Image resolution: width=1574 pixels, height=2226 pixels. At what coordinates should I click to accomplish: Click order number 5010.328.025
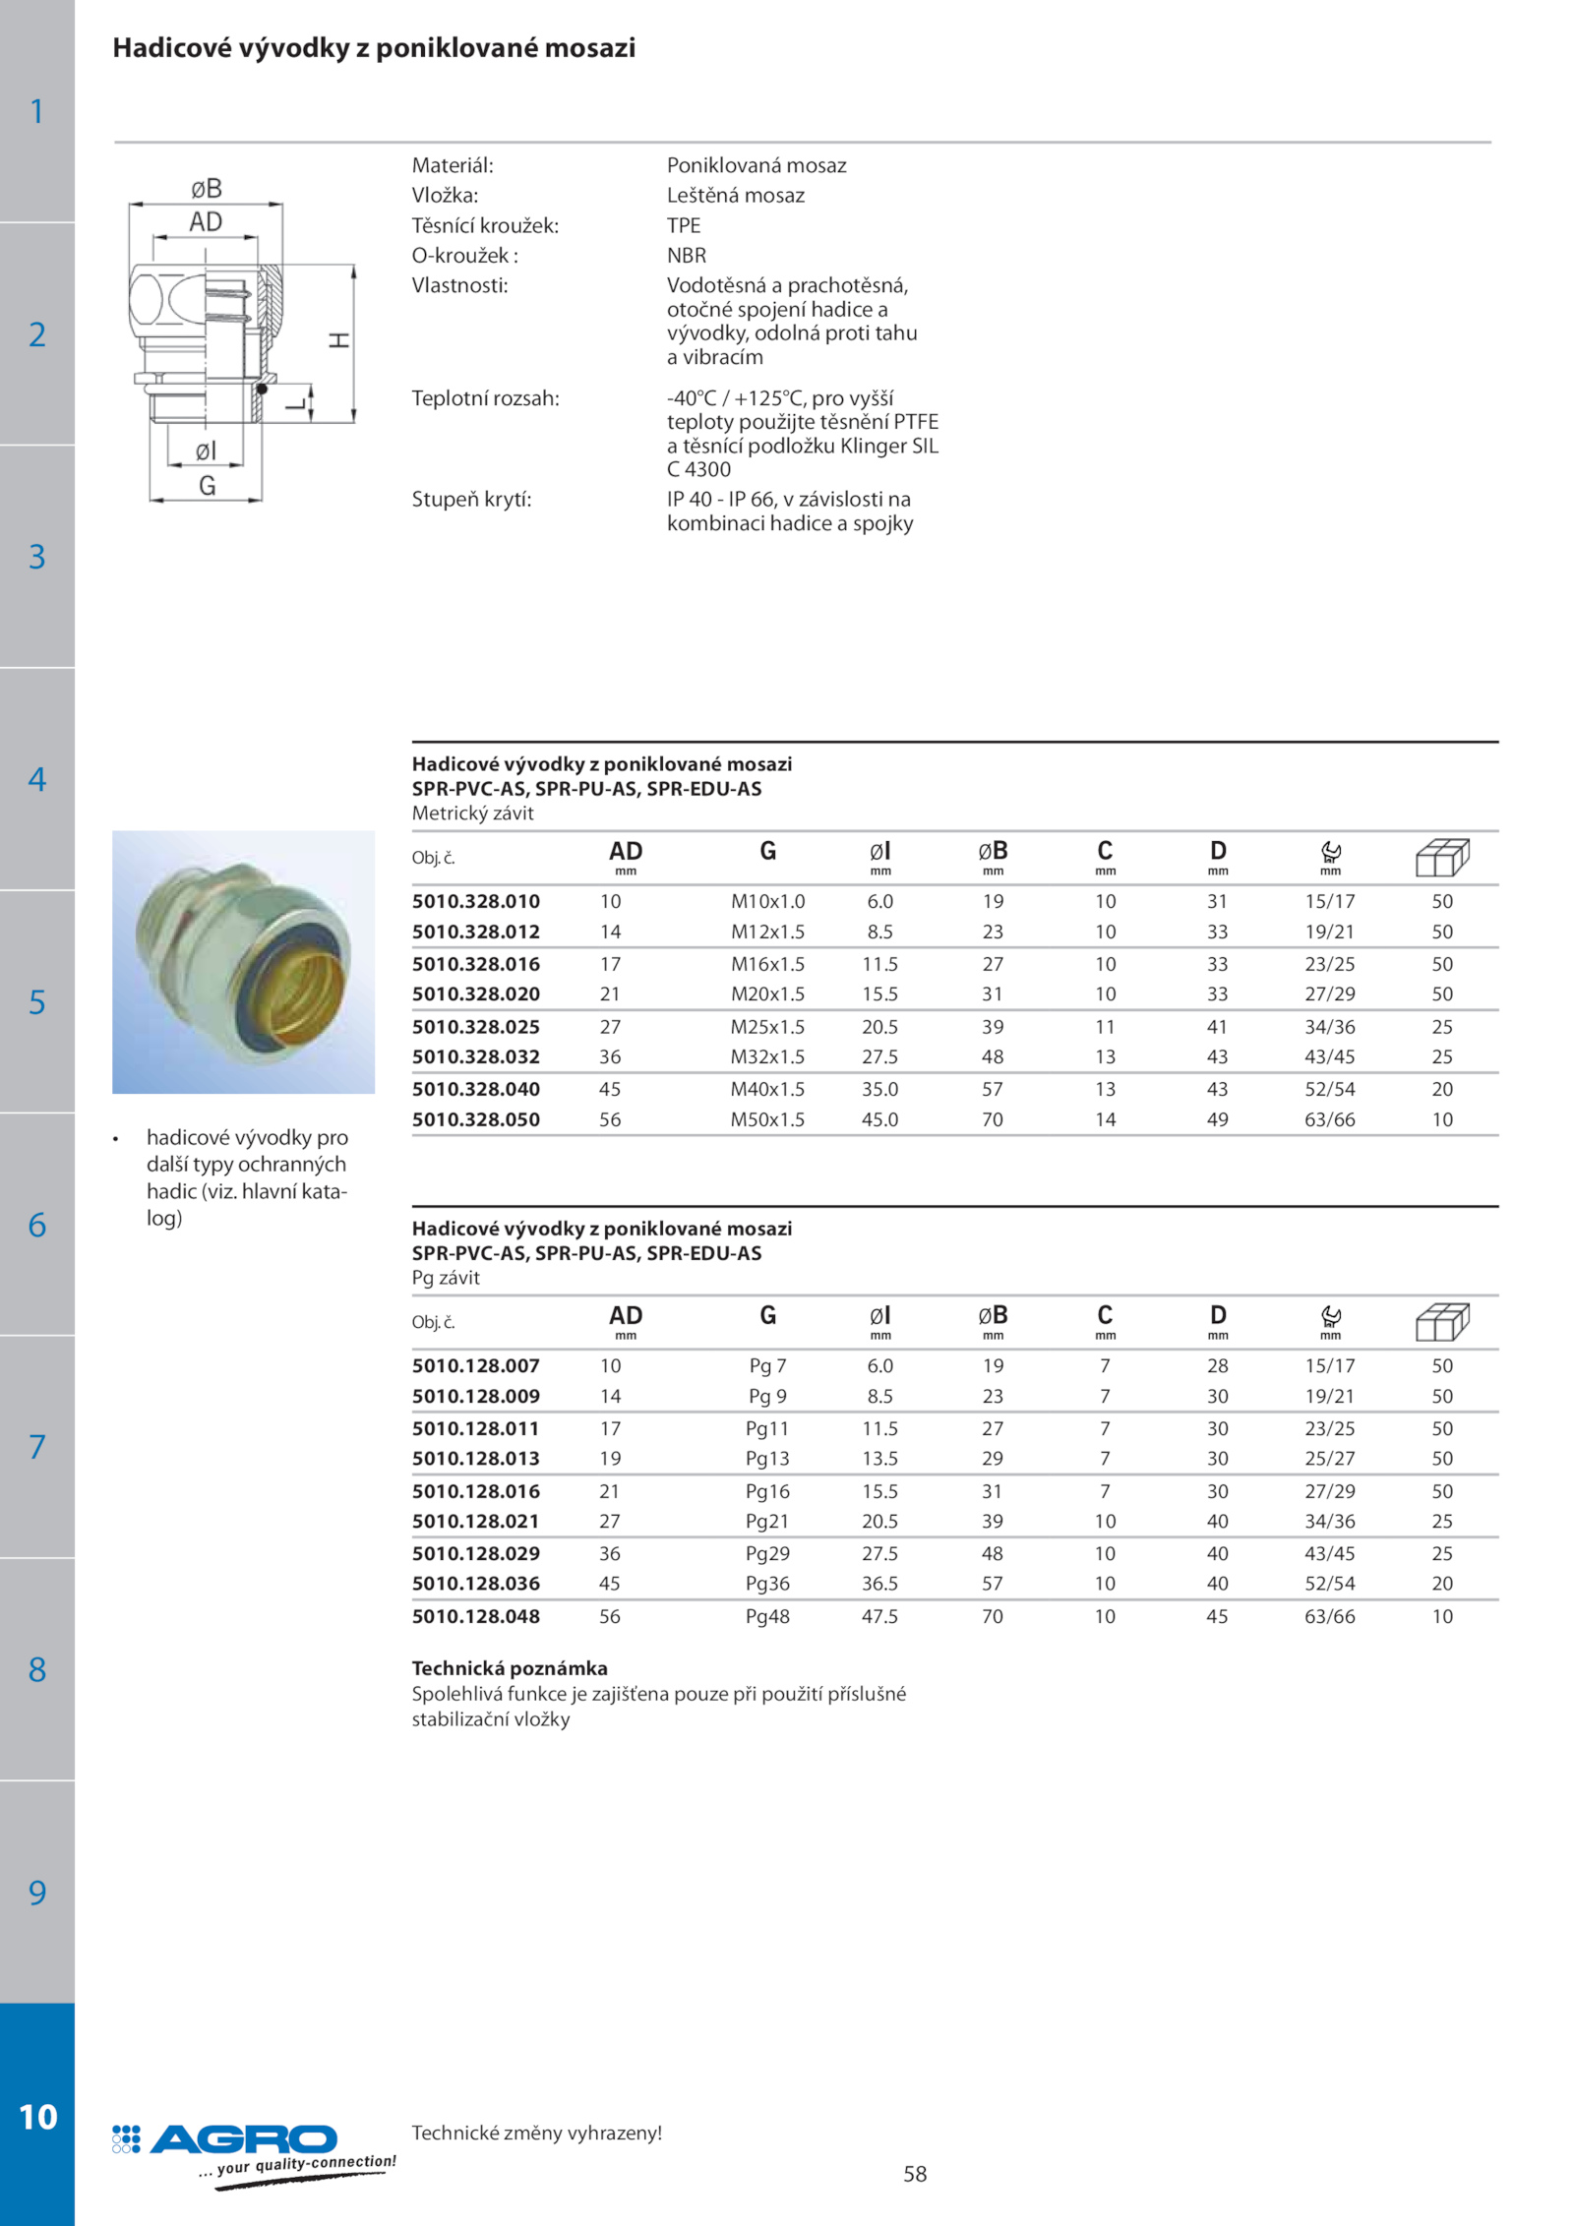click(x=475, y=1027)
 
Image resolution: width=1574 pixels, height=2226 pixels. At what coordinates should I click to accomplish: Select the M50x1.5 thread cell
click(x=767, y=1119)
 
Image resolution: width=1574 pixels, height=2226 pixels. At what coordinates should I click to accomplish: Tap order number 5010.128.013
click(x=475, y=1459)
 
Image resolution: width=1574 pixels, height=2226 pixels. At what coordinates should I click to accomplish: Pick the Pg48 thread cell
click(x=767, y=1616)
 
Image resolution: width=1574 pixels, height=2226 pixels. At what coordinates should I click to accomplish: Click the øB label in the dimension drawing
click(x=207, y=188)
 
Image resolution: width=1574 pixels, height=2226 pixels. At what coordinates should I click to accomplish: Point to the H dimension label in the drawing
click(x=339, y=340)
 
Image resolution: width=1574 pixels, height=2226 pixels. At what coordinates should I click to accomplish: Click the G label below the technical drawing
click(x=207, y=486)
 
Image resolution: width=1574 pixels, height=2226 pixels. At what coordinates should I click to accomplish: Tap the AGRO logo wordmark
click(x=243, y=2139)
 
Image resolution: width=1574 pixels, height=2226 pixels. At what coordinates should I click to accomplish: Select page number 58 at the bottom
click(x=915, y=2174)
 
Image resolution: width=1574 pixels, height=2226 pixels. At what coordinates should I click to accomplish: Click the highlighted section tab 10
click(x=37, y=2116)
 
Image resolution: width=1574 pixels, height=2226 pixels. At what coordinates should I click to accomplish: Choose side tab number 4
click(x=37, y=779)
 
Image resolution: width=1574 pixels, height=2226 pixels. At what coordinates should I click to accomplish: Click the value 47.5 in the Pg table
click(x=879, y=1616)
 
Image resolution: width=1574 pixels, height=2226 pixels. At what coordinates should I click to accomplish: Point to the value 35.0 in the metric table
click(x=879, y=1089)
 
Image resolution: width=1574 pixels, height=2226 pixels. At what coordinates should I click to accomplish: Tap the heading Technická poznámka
click(x=510, y=1668)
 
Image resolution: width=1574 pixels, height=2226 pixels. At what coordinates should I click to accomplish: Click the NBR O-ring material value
click(x=687, y=256)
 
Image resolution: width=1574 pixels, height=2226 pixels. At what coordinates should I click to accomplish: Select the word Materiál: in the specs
click(x=453, y=165)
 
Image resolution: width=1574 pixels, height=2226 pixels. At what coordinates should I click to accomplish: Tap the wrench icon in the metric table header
click(x=1331, y=851)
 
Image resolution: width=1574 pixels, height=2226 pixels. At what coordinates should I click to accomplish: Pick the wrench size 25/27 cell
click(x=1330, y=1459)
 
